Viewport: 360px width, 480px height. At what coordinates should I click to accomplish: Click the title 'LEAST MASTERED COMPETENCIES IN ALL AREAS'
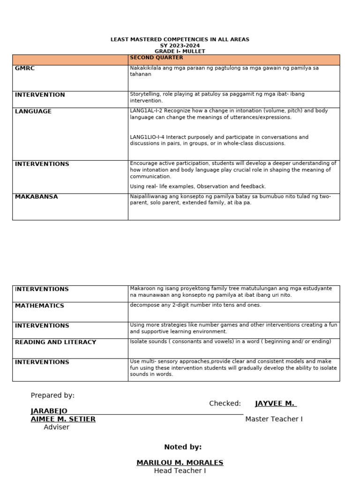pyautogui.click(x=180, y=39)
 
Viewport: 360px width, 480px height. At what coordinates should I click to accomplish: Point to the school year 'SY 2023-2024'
pyautogui.click(x=180, y=45)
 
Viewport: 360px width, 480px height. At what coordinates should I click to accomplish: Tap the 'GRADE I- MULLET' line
pyautogui.click(x=180, y=51)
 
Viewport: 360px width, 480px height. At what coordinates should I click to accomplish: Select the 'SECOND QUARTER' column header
pyautogui.click(x=156, y=58)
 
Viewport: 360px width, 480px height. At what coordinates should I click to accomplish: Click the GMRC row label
pyautogui.click(x=25, y=68)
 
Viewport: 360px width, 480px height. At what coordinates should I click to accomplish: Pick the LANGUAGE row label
pyautogui.click(x=33, y=112)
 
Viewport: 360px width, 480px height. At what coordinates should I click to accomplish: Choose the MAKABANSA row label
pyautogui.click(x=37, y=197)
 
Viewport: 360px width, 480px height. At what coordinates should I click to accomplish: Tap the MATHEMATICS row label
pyautogui.click(x=39, y=306)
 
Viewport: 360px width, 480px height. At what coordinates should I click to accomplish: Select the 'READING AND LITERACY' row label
pyautogui.click(x=55, y=342)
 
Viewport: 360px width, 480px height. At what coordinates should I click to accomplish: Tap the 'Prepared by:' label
pyautogui.click(x=52, y=396)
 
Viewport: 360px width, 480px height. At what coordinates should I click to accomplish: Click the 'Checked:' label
pyautogui.click(x=225, y=404)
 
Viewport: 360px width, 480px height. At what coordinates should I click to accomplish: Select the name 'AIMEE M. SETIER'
pyautogui.click(x=63, y=419)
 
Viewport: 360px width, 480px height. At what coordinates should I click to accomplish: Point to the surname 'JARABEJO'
pyautogui.click(x=49, y=411)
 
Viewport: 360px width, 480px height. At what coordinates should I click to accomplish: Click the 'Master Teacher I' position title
pyautogui.click(x=274, y=419)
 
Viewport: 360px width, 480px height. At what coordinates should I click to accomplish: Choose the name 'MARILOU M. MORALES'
pyautogui.click(x=180, y=463)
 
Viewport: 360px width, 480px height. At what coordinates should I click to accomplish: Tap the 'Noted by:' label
pyautogui.click(x=183, y=447)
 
